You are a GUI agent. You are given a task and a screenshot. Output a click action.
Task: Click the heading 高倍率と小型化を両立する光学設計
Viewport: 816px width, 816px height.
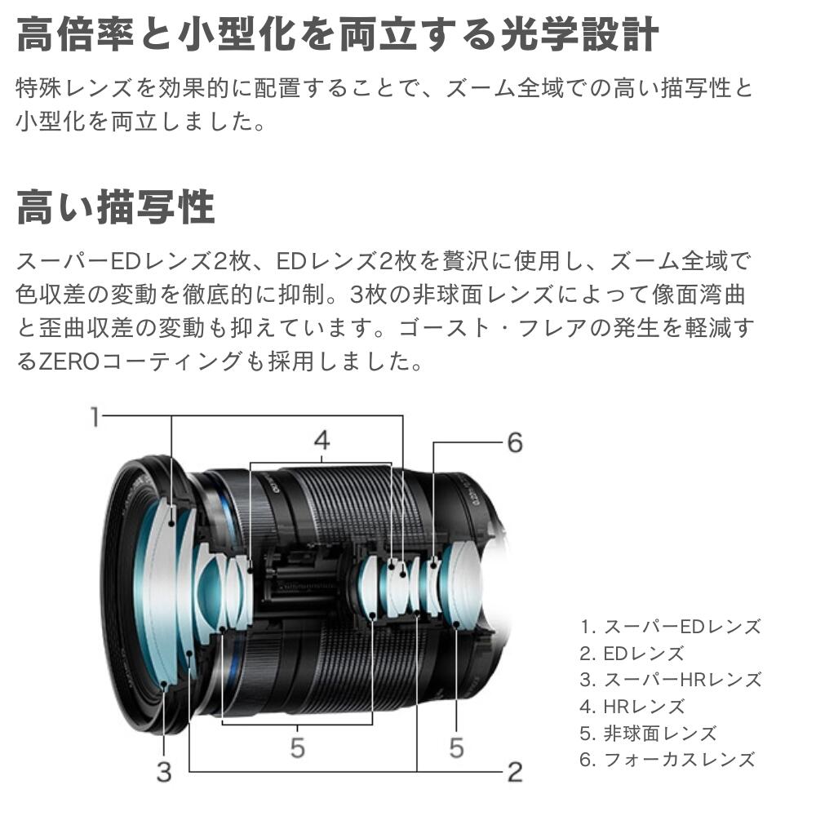[x=337, y=35]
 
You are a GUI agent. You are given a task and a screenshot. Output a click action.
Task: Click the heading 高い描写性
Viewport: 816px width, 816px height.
[x=116, y=207]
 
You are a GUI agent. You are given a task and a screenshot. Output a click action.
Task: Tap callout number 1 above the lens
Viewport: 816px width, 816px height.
[x=95, y=417]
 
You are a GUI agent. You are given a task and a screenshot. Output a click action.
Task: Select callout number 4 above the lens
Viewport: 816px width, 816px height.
[x=322, y=441]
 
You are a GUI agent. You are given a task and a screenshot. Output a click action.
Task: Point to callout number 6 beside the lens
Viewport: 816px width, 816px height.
[x=514, y=442]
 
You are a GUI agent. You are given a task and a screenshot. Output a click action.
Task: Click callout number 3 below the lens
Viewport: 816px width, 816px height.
[x=164, y=771]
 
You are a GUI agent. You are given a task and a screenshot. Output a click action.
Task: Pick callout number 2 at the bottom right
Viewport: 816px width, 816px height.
[x=514, y=771]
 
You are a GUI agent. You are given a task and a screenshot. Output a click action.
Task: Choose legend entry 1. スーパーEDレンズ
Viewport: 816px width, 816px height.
[x=670, y=627]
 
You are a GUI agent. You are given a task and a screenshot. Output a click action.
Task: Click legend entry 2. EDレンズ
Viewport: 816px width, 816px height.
[x=632, y=654]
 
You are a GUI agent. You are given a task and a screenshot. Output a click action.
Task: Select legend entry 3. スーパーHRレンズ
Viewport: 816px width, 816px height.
[x=670, y=680]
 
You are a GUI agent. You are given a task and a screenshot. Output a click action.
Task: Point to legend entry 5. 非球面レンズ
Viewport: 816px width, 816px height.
[x=648, y=733]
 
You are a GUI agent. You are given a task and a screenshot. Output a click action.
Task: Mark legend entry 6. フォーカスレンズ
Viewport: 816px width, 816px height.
[x=667, y=760]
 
